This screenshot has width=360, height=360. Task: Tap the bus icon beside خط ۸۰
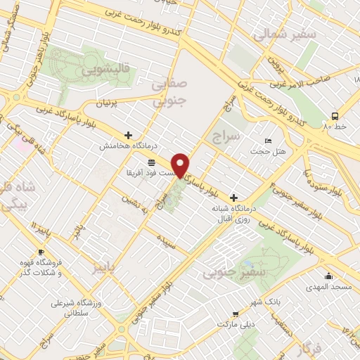(x=334, y=115)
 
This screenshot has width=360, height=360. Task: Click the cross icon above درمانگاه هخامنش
(x=127, y=134)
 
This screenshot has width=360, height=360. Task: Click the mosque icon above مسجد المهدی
(x=328, y=276)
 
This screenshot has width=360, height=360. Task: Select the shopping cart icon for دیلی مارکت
(x=236, y=314)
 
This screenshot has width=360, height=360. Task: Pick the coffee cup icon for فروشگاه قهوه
(x=41, y=252)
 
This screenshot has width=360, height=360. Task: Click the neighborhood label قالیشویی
(x=103, y=70)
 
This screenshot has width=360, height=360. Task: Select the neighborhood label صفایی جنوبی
(x=169, y=93)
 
